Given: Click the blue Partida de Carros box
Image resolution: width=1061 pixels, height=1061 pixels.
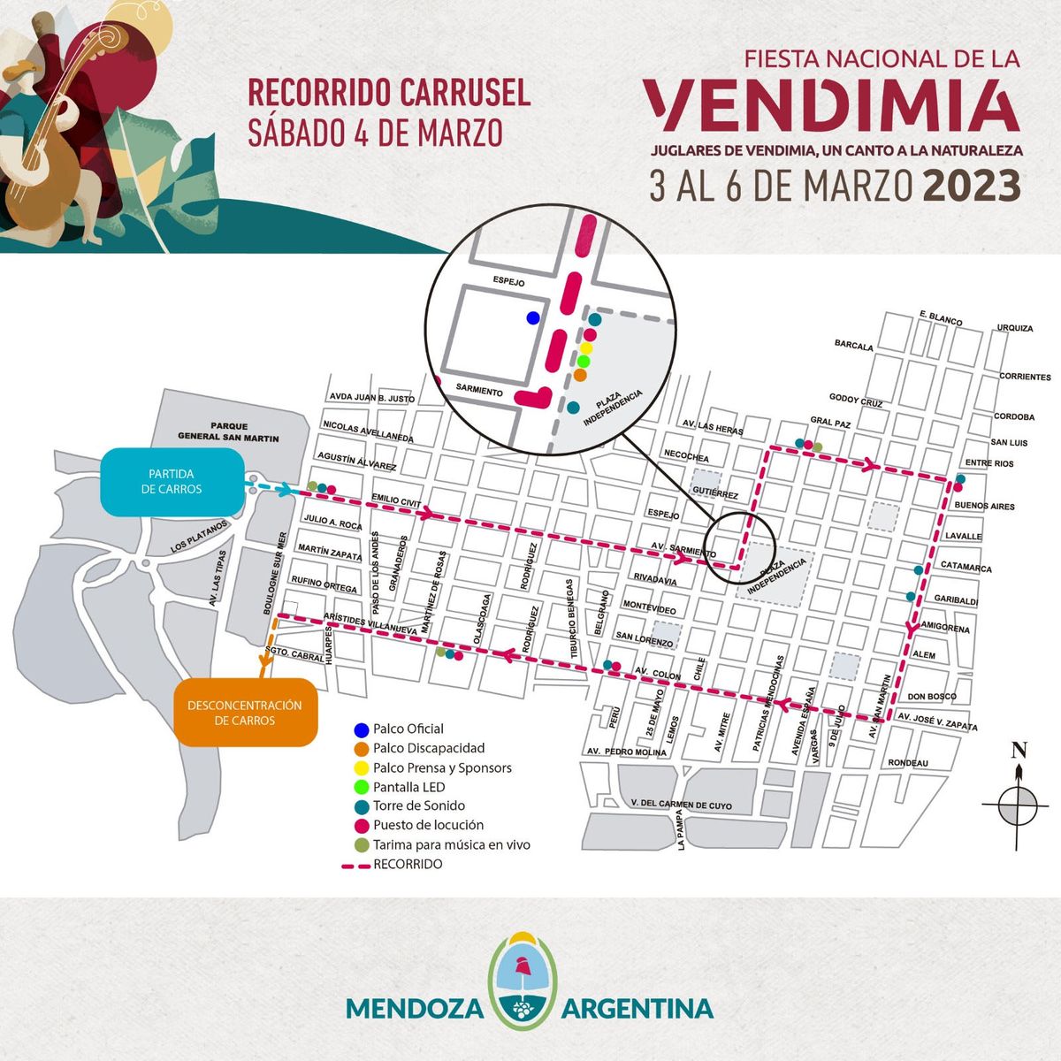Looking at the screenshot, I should click(x=172, y=481).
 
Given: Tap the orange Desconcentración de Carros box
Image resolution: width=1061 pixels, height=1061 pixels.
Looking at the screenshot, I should click(x=244, y=712).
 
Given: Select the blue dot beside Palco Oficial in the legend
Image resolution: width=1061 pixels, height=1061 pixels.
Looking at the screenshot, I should click(x=361, y=729).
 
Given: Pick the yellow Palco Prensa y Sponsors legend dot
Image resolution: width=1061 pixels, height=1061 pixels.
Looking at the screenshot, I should click(x=361, y=767).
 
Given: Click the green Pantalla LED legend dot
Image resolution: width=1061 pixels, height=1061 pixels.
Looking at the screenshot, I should click(x=361, y=787).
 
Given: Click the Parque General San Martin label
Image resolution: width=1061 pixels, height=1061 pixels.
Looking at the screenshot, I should click(x=228, y=431).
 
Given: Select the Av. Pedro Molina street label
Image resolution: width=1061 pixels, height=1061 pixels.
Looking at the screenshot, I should click(x=626, y=752).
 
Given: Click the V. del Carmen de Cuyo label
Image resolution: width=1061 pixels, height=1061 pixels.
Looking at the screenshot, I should click(x=682, y=805).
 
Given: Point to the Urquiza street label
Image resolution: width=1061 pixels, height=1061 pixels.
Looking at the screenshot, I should click(x=1014, y=328).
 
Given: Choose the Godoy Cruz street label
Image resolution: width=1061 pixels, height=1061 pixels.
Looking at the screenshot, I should click(x=856, y=401).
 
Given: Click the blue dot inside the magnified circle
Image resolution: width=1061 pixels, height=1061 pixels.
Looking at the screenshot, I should click(x=532, y=317).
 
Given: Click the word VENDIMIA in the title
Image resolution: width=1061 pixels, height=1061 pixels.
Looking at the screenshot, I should click(x=831, y=104).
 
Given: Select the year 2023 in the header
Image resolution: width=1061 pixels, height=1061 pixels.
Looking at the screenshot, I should click(x=972, y=186).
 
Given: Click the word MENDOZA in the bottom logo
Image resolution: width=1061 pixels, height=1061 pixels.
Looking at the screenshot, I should click(x=414, y=1009).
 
